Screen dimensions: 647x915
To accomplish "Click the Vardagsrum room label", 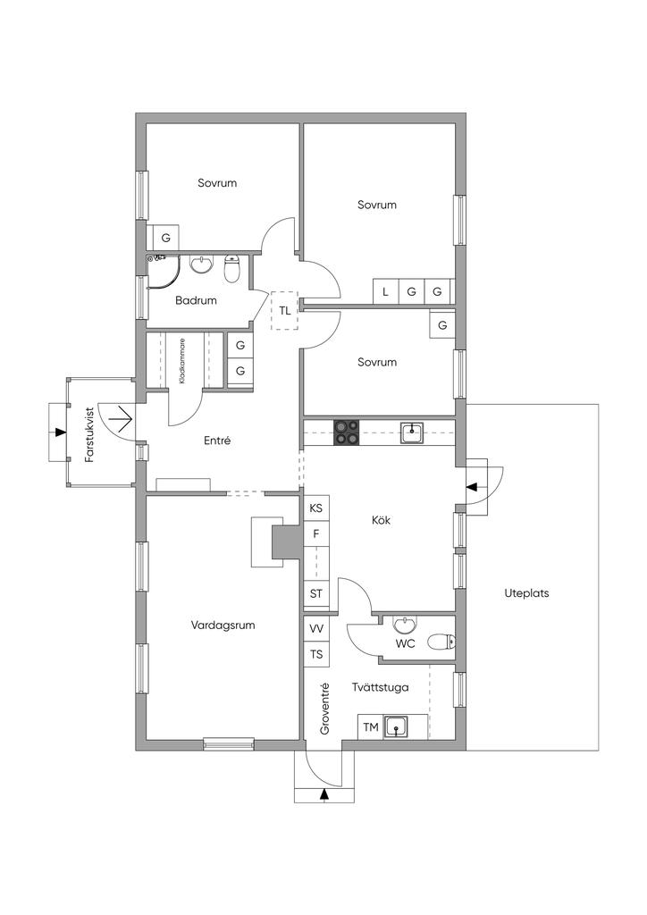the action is tap(223, 625).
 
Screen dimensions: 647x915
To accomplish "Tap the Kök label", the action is tap(381, 520).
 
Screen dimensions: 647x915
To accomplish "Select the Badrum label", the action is tap(196, 300).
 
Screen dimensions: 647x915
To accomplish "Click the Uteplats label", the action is tap(526, 593).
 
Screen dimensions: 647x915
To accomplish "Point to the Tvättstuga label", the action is tap(381, 687).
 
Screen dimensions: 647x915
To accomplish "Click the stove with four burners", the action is tap(346, 433).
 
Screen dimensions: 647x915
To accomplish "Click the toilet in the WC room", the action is tap(441, 642).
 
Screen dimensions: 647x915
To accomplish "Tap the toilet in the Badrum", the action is tap(232, 267).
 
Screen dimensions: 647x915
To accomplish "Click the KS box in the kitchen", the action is tap(316, 508).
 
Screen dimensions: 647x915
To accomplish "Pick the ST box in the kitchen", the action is tap(316, 594).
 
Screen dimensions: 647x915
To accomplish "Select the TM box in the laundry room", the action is tap(371, 727).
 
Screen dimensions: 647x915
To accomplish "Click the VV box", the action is tap(316, 628).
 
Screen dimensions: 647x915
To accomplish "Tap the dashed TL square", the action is tap(284, 311).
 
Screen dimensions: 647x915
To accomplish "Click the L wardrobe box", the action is tap(386, 292).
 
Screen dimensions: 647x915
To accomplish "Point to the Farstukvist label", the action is tap(89, 435).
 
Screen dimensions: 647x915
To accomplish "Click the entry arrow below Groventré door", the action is tap(324, 793).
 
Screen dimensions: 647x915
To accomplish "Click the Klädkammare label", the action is tap(183, 361).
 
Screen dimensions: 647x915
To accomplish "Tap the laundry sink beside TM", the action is tap(397, 727).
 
